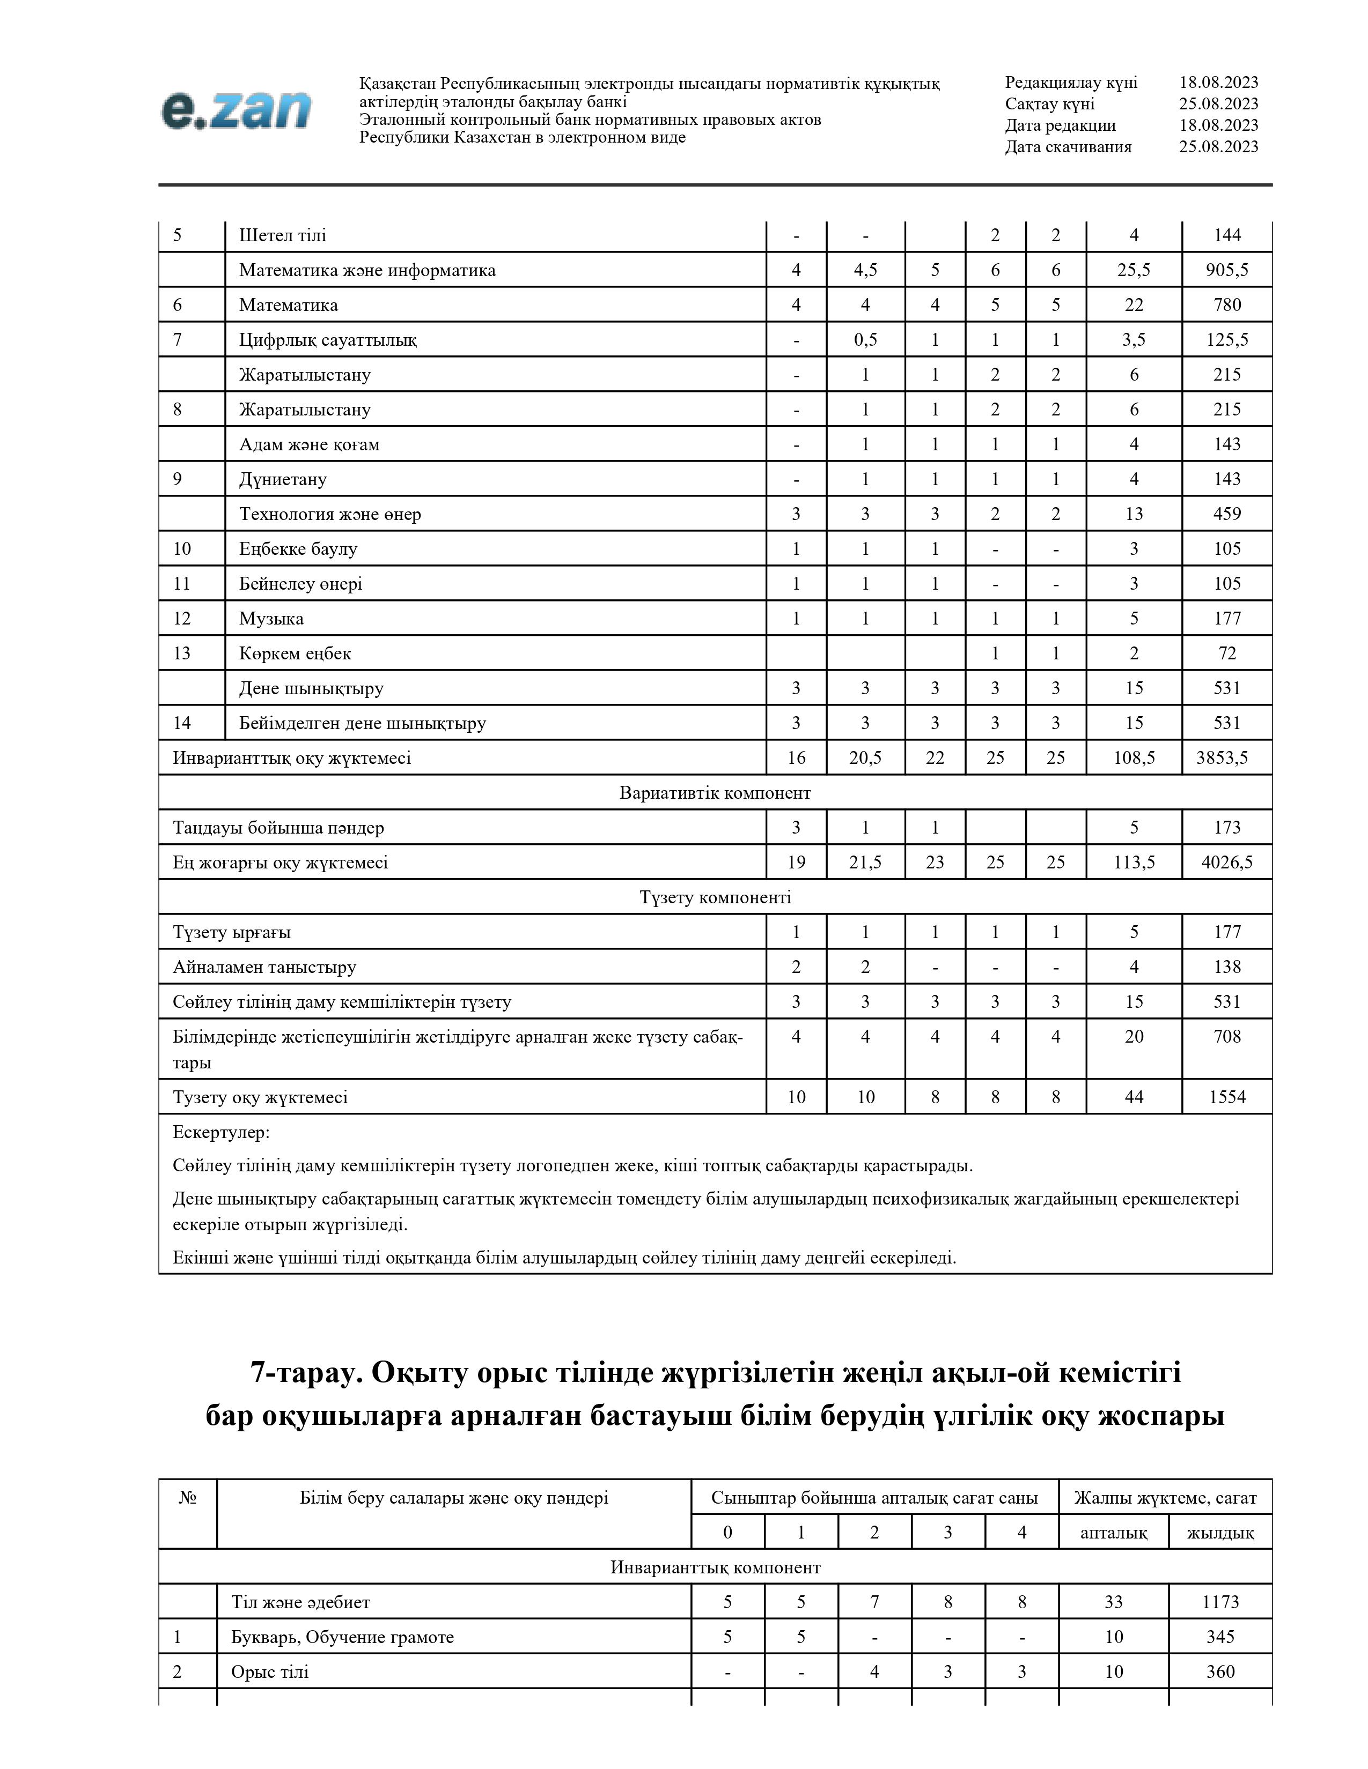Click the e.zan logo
click(x=236, y=110)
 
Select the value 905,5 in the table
click(x=1226, y=271)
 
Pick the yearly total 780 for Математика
click(x=1227, y=306)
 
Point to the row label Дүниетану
click(x=282, y=480)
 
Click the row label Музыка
click(x=271, y=619)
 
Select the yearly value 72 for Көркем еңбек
click(x=1227, y=653)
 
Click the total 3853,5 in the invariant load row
click(x=1222, y=758)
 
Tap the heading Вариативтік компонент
click(x=715, y=793)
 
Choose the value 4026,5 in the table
click(x=1226, y=863)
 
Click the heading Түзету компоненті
click(x=715, y=897)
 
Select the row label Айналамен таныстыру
click(x=264, y=967)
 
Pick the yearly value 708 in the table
click(x=1227, y=1037)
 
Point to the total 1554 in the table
click(x=1227, y=1097)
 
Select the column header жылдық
click(x=1220, y=1533)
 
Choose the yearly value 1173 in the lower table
click(x=1220, y=1602)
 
